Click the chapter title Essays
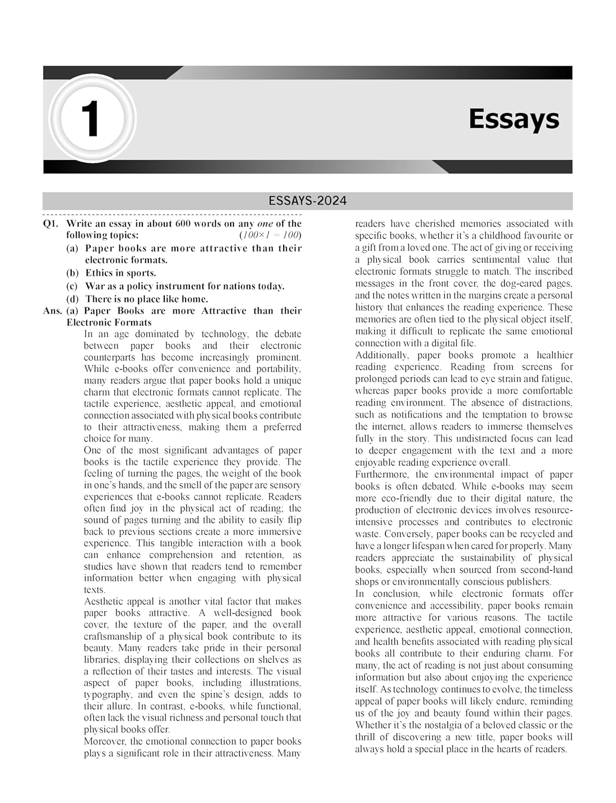pos(514,119)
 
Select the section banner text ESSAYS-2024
pos(308,201)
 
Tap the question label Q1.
pos(51,224)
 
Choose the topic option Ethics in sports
pos(120,273)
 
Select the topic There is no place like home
pos(146,299)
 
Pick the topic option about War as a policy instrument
pos(184,286)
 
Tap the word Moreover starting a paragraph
pos(105,741)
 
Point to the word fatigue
pos(557,378)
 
